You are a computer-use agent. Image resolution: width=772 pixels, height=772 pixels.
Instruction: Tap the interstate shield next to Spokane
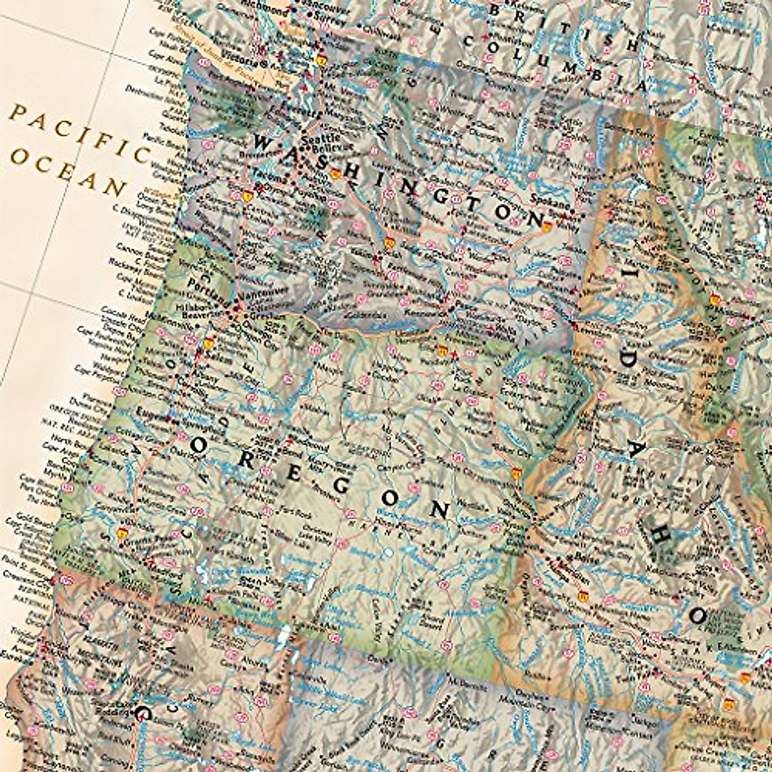[546, 226]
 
